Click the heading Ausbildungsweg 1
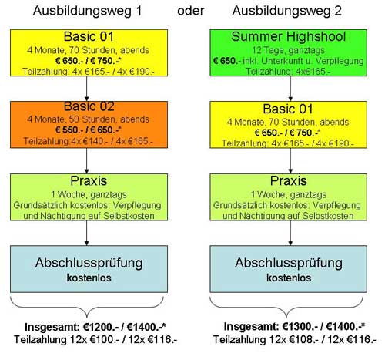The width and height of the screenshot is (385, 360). tap(87, 12)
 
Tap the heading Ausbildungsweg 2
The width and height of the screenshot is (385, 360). tap(286, 12)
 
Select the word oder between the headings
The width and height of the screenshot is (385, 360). tap(191, 11)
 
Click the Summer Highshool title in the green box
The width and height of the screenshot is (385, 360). tap(289, 36)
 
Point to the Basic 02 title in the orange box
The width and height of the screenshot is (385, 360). tap(89, 106)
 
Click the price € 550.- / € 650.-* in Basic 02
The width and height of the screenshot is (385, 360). tap(89, 130)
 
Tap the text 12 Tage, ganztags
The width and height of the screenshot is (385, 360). tap(288, 50)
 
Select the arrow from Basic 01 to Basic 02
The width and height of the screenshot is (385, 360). tap(86, 89)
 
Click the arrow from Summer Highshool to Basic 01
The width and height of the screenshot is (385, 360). tap(290, 89)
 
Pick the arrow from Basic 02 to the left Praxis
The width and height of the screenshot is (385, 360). tap(86, 161)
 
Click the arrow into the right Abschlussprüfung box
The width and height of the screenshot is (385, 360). tap(290, 233)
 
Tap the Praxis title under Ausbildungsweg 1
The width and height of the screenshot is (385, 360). tap(89, 181)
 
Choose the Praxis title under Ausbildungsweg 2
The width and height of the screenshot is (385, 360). tap(289, 181)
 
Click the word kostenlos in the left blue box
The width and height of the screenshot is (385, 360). tap(89, 278)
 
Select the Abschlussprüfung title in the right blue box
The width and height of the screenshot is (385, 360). tap(289, 263)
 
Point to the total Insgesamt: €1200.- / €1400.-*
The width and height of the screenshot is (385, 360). tap(95, 327)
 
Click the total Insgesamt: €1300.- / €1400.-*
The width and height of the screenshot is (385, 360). tap(294, 327)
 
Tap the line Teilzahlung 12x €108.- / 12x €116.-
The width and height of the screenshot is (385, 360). tap(295, 339)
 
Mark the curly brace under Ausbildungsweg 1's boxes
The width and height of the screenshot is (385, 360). tap(87, 308)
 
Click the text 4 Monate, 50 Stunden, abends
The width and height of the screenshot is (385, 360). tap(88, 119)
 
